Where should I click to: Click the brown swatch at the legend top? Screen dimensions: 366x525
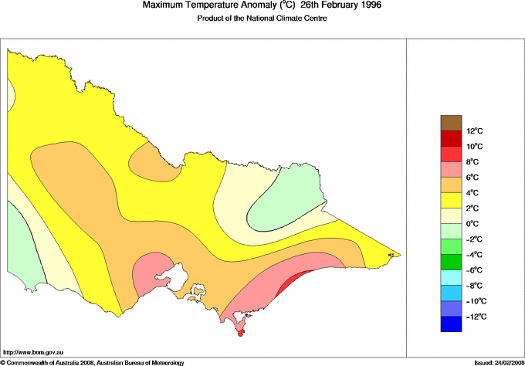click(x=451, y=122)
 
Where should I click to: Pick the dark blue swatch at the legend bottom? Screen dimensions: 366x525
click(x=451, y=324)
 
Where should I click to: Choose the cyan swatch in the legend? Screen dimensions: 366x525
click(x=451, y=278)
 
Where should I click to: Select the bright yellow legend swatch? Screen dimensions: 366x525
click(x=451, y=200)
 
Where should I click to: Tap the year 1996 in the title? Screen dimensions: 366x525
click(x=367, y=5)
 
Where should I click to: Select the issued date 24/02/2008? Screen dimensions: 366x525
click(x=505, y=361)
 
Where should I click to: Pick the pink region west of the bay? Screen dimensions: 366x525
click(x=151, y=274)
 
